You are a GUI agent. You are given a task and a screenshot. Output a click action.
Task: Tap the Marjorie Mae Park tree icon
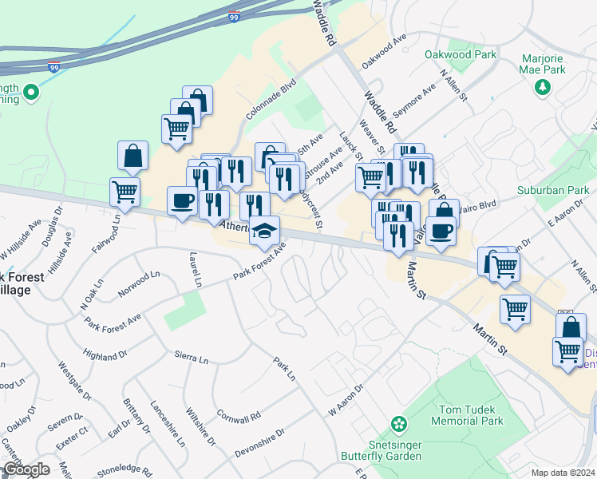[x=543, y=85]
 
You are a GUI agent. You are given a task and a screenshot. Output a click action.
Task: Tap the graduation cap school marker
[x=264, y=232]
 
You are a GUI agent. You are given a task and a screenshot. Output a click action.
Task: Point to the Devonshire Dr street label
[x=260, y=443]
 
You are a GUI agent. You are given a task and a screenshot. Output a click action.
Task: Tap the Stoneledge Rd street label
[x=125, y=471]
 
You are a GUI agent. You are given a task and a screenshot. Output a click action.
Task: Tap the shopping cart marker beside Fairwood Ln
[x=125, y=192]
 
